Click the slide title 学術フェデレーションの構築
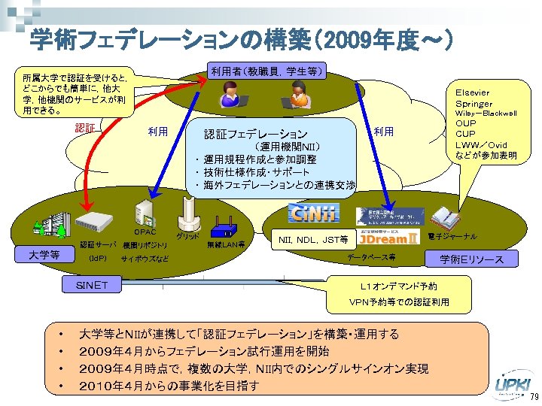coord(241,40)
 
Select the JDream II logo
coord(388,238)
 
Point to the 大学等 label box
coord(44,255)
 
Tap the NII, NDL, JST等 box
coord(313,240)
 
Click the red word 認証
coord(85,129)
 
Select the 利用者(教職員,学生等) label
coord(268,71)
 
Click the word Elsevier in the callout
coord(473,92)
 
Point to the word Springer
coord(473,103)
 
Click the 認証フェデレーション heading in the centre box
coord(256,135)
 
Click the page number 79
coord(534,397)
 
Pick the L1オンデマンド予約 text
coord(399,286)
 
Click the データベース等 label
coord(371,257)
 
